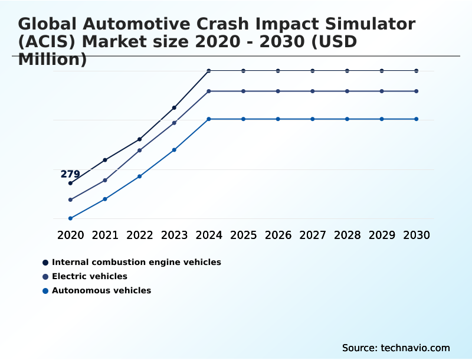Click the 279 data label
(70, 174)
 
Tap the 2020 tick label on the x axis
(70, 235)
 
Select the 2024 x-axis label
(209, 235)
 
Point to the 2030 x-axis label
(417, 235)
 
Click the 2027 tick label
(313, 235)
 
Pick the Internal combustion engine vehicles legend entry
(136, 262)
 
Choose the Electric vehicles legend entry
(89, 276)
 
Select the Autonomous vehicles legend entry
(101, 290)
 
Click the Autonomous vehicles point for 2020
(70, 218)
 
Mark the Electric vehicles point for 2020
(70, 199)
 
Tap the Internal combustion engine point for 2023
(174, 107)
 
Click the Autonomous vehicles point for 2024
(209, 119)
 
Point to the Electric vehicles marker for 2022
(140, 150)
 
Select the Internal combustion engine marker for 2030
(417, 71)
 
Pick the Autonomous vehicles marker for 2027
(313, 119)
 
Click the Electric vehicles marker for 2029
(382, 91)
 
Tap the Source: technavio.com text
(396, 348)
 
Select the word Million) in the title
(53, 59)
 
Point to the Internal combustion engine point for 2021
(105, 160)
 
